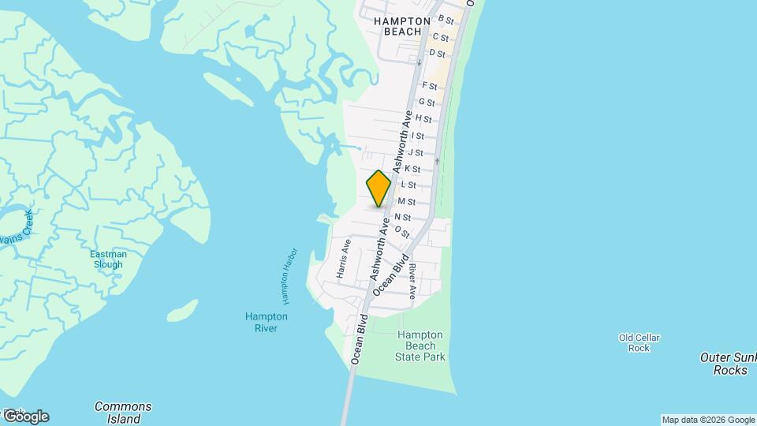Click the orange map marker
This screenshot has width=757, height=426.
pyautogui.click(x=378, y=189)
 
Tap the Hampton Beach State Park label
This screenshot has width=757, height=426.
pyautogui.click(x=420, y=346)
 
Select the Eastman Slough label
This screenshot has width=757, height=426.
pyautogui.click(x=106, y=260)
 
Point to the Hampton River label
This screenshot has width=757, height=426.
pyautogui.click(x=266, y=322)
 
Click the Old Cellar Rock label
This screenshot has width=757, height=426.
pyautogui.click(x=639, y=342)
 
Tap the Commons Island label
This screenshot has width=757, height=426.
pyautogui.click(x=123, y=413)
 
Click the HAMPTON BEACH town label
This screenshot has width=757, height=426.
pyautogui.click(x=402, y=26)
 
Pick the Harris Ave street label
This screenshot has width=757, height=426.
pyautogui.click(x=342, y=259)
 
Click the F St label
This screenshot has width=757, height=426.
pyautogui.click(x=430, y=85)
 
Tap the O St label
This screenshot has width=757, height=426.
pyautogui.click(x=402, y=231)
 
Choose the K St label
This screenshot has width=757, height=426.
pyautogui.click(x=412, y=169)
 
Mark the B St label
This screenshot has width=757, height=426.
pyautogui.click(x=446, y=20)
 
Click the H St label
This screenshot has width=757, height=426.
pyautogui.click(x=423, y=119)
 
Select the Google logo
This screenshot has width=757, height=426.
pyautogui.click(x=25, y=416)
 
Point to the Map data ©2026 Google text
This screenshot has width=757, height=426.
pyautogui.click(x=708, y=420)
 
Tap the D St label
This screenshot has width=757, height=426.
pyautogui.click(x=438, y=53)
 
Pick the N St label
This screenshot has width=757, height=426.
pyautogui.click(x=402, y=217)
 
